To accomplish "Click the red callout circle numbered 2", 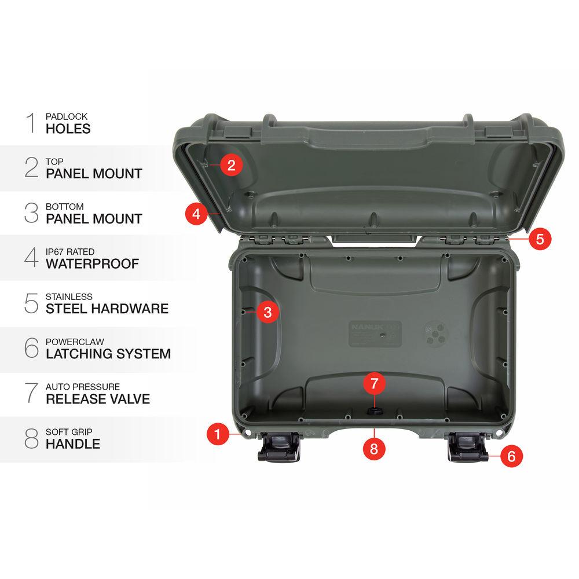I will [231, 166].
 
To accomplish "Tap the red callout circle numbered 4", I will [196, 214].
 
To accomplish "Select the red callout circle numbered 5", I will [540, 239].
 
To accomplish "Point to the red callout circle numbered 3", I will [267, 313].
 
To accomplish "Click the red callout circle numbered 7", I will [374, 383].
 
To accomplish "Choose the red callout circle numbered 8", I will [374, 448].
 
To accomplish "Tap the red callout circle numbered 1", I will [218, 434].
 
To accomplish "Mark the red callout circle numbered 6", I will [511, 456].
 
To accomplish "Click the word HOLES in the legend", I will [68, 129].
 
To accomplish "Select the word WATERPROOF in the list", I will [93, 264].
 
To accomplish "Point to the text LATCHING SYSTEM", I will [108, 354].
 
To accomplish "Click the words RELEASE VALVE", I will [98, 399].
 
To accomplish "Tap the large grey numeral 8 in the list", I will [31, 439].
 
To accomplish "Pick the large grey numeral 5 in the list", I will [31, 303].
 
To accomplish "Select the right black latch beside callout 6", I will [468, 448].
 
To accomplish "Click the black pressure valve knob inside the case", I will [374, 411].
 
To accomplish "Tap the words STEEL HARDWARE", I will [107, 309].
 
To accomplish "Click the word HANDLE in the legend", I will [73, 444].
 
